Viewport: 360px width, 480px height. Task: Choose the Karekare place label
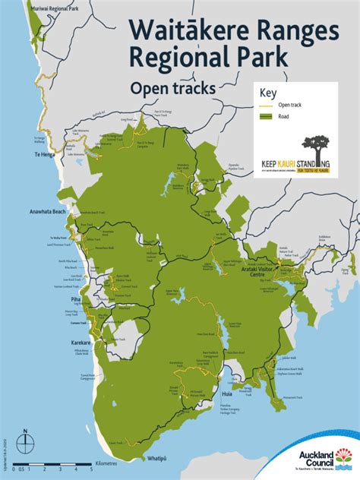coord(81,343)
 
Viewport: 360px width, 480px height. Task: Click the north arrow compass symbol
coord(27,440)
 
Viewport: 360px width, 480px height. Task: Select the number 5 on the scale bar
coord(91,469)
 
